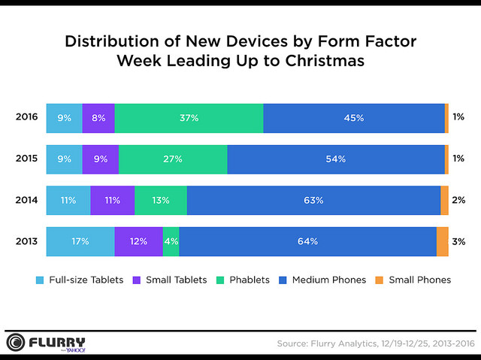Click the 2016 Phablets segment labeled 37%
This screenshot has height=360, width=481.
click(189, 118)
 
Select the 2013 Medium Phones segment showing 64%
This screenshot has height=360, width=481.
click(307, 241)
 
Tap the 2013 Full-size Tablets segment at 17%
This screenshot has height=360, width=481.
click(80, 241)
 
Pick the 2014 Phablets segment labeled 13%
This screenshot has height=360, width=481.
click(161, 200)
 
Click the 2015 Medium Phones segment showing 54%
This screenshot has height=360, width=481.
click(336, 159)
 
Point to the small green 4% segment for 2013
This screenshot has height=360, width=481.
click(171, 241)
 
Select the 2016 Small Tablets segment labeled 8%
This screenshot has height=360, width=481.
click(98, 118)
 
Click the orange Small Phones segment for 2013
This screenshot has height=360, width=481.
click(442, 241)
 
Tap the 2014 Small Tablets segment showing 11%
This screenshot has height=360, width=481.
click(113, 200)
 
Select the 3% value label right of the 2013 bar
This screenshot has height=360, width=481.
click(459, 241)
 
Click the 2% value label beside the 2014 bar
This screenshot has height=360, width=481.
click(459, 200)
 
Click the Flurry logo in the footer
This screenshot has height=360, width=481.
click(46, 343)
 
